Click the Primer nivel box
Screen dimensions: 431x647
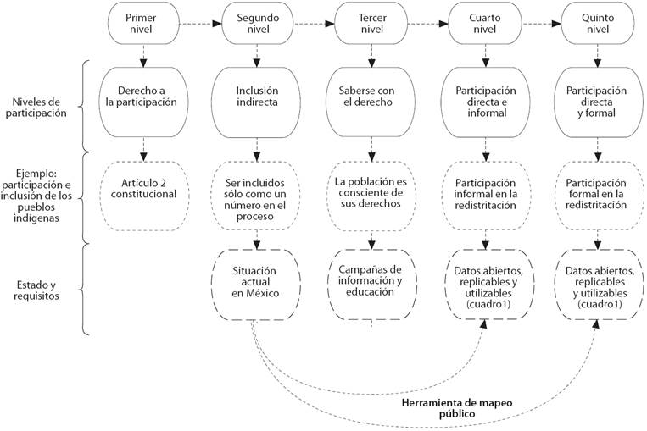pyautogui.click(x=141, y=24)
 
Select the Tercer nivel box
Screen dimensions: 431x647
pyautogui.click(x=368, y=24)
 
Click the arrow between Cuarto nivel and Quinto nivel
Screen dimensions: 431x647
pyautogui.click(x=537, y=24)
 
